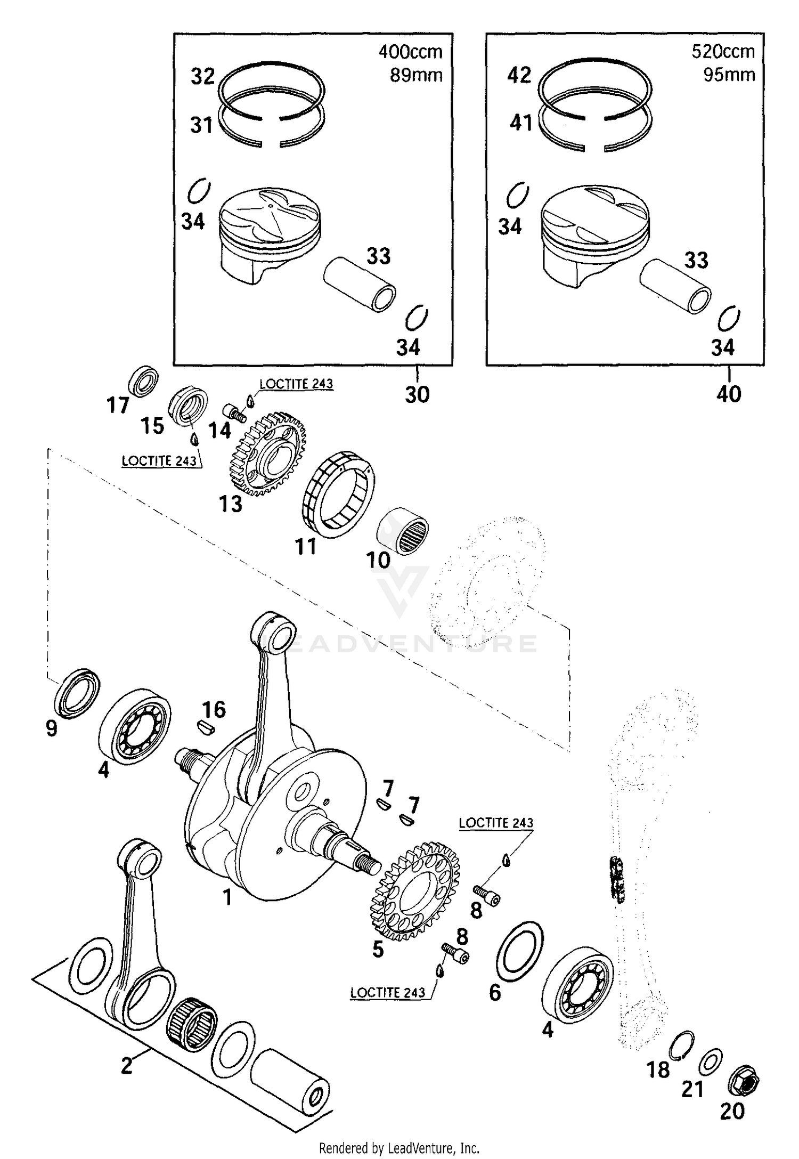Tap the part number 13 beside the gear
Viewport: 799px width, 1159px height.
coord(231,504)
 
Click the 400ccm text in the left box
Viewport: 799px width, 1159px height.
coord(410,52)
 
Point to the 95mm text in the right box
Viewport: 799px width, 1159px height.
coord(729,75)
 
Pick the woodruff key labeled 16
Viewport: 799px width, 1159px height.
coord(203,728)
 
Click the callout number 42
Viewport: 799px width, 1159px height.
coord(519,75)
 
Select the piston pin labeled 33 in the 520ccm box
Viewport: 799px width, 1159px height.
coord(675,286)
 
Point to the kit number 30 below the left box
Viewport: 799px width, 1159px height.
coord(417,395)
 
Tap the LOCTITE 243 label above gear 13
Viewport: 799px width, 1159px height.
coord(296,384)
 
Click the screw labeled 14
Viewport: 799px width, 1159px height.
coord(234,411)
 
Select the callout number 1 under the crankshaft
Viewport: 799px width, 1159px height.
coord(227,897)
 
